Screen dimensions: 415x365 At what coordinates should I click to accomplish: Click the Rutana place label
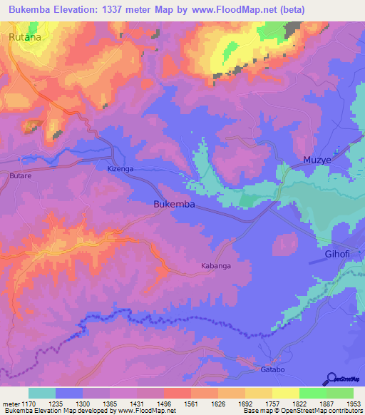pos(24,36)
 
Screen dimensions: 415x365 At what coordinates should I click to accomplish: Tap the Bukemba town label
pos(175,204)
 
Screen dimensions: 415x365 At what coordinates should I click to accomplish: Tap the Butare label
pos(22,174)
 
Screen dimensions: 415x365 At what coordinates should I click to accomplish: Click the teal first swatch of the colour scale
pos(42,393)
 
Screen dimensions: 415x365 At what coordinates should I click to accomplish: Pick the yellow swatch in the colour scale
pos(285,393)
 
